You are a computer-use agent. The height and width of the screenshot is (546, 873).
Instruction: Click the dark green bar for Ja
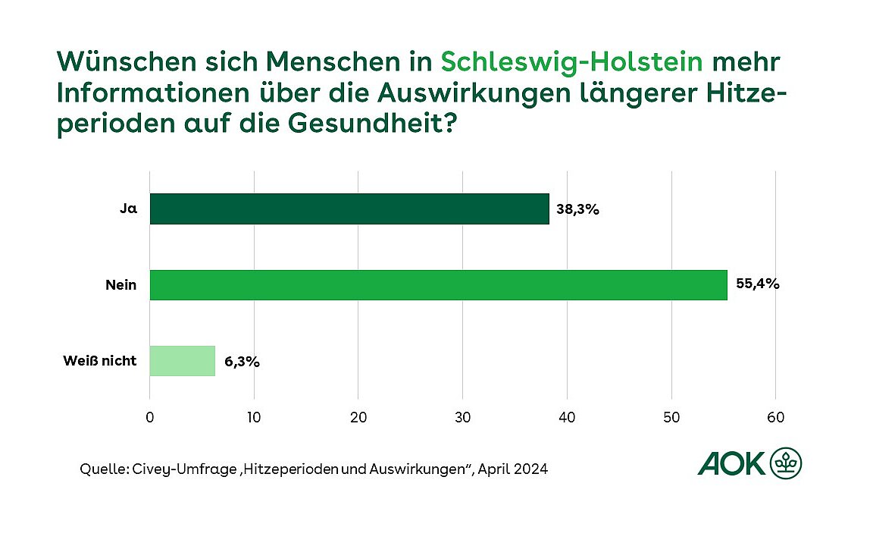pos(349,209)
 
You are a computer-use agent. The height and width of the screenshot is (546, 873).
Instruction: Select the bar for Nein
pos(438,284)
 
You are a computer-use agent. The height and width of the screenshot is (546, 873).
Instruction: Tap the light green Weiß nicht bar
pos(182,361)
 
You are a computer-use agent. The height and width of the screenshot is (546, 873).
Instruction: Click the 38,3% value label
pos(578,210)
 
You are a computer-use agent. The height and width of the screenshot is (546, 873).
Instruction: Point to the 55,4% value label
pos(757,285)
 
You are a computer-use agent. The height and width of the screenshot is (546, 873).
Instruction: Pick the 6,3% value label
pos(242,362)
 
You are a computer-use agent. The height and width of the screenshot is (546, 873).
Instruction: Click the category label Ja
pos(129,209)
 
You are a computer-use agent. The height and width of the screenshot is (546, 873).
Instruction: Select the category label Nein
pos(121,284)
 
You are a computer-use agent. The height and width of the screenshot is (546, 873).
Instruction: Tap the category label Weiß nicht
pos(99,360)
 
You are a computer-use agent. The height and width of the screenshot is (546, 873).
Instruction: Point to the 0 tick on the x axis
pos(150,417)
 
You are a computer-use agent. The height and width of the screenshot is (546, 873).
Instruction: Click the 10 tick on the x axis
pos(254,417)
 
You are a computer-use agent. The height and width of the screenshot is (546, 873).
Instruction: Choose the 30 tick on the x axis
pos(462,417)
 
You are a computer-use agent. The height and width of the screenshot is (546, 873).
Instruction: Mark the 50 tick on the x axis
pos(671,417)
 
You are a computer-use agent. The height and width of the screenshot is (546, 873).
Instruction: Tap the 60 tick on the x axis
pos(775,417)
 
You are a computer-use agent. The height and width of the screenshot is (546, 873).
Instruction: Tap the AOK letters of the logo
pos(731,463)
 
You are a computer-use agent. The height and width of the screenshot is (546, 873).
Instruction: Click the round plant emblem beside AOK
pos(786,463)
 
